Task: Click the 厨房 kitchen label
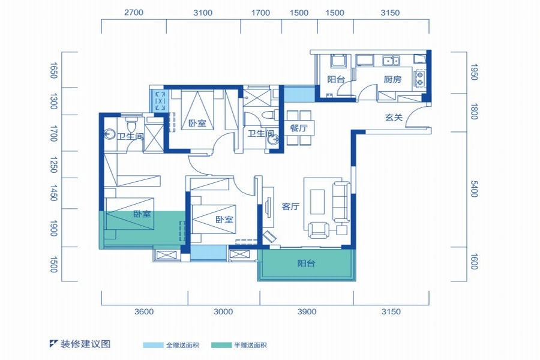point(392,79)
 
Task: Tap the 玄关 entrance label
point(394,118)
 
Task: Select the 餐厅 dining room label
point(299,128)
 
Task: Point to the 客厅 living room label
point(290,206)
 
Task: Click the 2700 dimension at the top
point(134,13)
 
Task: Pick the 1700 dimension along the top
point(260,13)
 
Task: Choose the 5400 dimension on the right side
point(474,189)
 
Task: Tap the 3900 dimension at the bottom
point(307,312)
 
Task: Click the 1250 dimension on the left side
point(53,164)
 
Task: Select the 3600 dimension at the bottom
point(144,312)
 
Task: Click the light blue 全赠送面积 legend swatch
point(153,345)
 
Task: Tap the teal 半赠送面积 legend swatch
point(221,345)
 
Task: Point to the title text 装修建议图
point(85,344)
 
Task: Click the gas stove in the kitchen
point(420,78)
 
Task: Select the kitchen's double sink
point(391,61)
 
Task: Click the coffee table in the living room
point(317,202)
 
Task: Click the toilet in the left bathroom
point(131,124)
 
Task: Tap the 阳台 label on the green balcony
point(306,263)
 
